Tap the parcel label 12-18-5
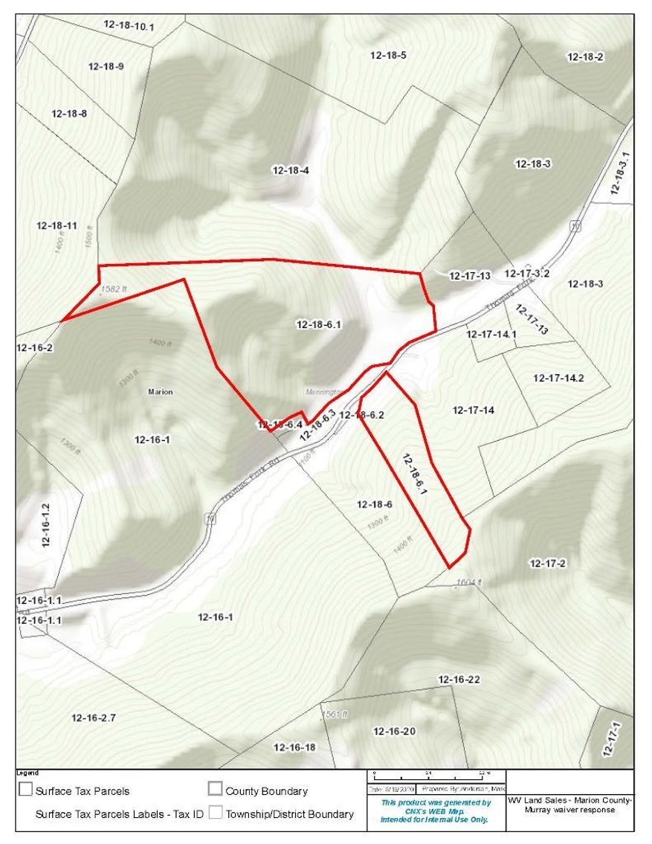pyautogui.click(x=388, y=55)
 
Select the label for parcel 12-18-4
pyautogui.click(x=291, y=170)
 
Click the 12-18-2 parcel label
pyautogui.click(x=585, y=57)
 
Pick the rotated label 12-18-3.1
pyautogui.click(x=620, y=173)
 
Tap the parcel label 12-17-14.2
pyautogui.click(x=558, y=378)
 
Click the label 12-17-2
pyautogui.click(x=548, y=563)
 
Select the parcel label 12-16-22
pyautogui.click(x=459, y=679)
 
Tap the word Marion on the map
pyautogui.click(x=161, y=392)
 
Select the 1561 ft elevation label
pyautogui.click(x=335, y=714)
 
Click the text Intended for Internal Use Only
pyautogui.click(x=434, y=819)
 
